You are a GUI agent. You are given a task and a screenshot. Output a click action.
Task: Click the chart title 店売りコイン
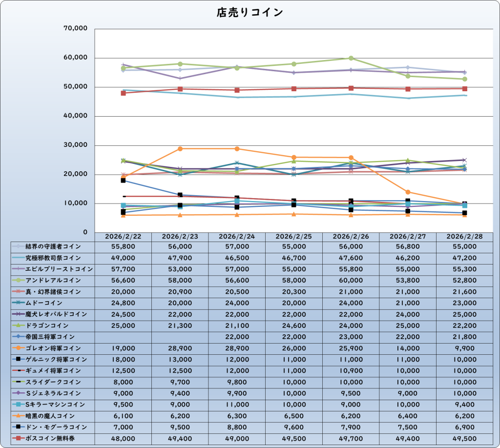tap(250, 13)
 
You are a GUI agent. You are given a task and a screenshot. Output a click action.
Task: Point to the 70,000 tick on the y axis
tap(76, 29)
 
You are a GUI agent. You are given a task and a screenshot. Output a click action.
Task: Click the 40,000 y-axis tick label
tap(76, 116)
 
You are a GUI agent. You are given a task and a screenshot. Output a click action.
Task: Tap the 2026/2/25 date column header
tap(294, 236)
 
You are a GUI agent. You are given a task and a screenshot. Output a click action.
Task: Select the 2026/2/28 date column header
tap(465, 236)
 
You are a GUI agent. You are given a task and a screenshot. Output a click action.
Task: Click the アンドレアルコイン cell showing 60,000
tap(351, 281)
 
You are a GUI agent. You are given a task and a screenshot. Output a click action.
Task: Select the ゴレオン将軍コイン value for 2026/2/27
tap(408, 348)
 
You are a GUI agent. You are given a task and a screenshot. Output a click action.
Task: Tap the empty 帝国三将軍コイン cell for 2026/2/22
tap(123, 337)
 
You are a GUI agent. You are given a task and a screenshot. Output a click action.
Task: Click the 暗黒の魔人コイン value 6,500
tap(294, 416)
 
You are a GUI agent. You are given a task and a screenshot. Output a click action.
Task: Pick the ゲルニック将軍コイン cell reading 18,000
tap(123, 360)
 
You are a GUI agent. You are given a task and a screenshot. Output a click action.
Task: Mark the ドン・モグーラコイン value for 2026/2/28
tap(465, 427)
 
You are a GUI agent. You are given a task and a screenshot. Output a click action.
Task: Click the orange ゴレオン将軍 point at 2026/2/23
tap(180, 148)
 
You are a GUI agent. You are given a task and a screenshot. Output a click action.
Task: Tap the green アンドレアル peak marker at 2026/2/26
tap(351, 58)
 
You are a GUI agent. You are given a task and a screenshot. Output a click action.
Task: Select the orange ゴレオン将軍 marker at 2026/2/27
tap(408, 192)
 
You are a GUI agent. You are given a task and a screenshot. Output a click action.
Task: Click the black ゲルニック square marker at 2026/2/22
tap(123, 180)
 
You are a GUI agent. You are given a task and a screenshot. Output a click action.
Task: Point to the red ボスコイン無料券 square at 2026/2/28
tap(465, 89)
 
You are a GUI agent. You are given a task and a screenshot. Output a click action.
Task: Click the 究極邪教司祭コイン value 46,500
tap(237, 258)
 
